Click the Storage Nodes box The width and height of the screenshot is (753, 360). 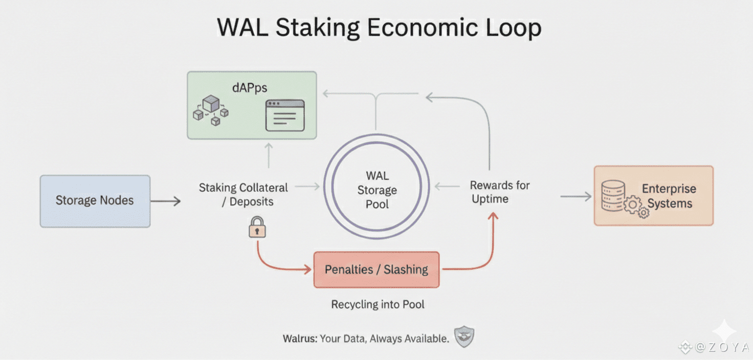pos(95,201)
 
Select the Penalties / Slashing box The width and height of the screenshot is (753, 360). pos(376,269)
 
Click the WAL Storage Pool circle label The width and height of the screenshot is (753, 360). pos(377,190)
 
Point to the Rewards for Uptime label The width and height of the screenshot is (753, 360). pos(499,192)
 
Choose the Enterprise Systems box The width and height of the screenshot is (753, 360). pos(653,196)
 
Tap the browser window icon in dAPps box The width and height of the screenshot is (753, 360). pos(285,115)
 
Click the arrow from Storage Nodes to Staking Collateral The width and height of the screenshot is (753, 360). pos(166,201)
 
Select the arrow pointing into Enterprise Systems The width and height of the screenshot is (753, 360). pos(575,196)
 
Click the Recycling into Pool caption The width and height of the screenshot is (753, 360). pos(378,305)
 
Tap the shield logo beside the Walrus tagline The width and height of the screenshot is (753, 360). pos(464,337)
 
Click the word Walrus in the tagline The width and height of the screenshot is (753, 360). pos(300,339)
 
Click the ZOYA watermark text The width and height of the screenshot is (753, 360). pos(721,348)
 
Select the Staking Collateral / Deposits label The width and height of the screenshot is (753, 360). pos(243,194)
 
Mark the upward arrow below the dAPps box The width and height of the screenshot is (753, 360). pos(269,155)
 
